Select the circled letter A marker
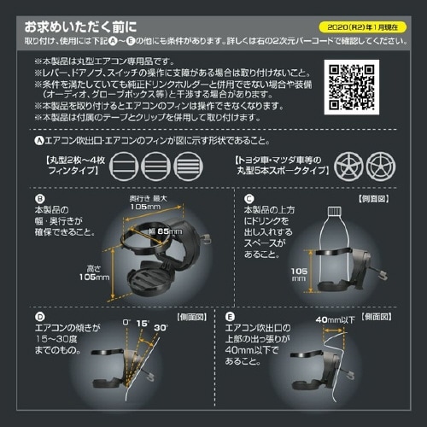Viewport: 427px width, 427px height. click(38, 141)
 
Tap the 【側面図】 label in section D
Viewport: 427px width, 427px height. click(188, 316)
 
